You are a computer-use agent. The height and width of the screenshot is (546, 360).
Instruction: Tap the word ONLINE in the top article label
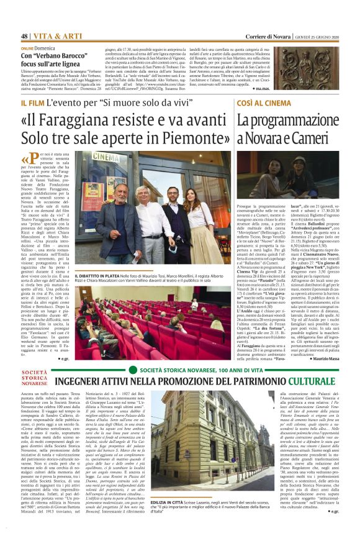[29, 48]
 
